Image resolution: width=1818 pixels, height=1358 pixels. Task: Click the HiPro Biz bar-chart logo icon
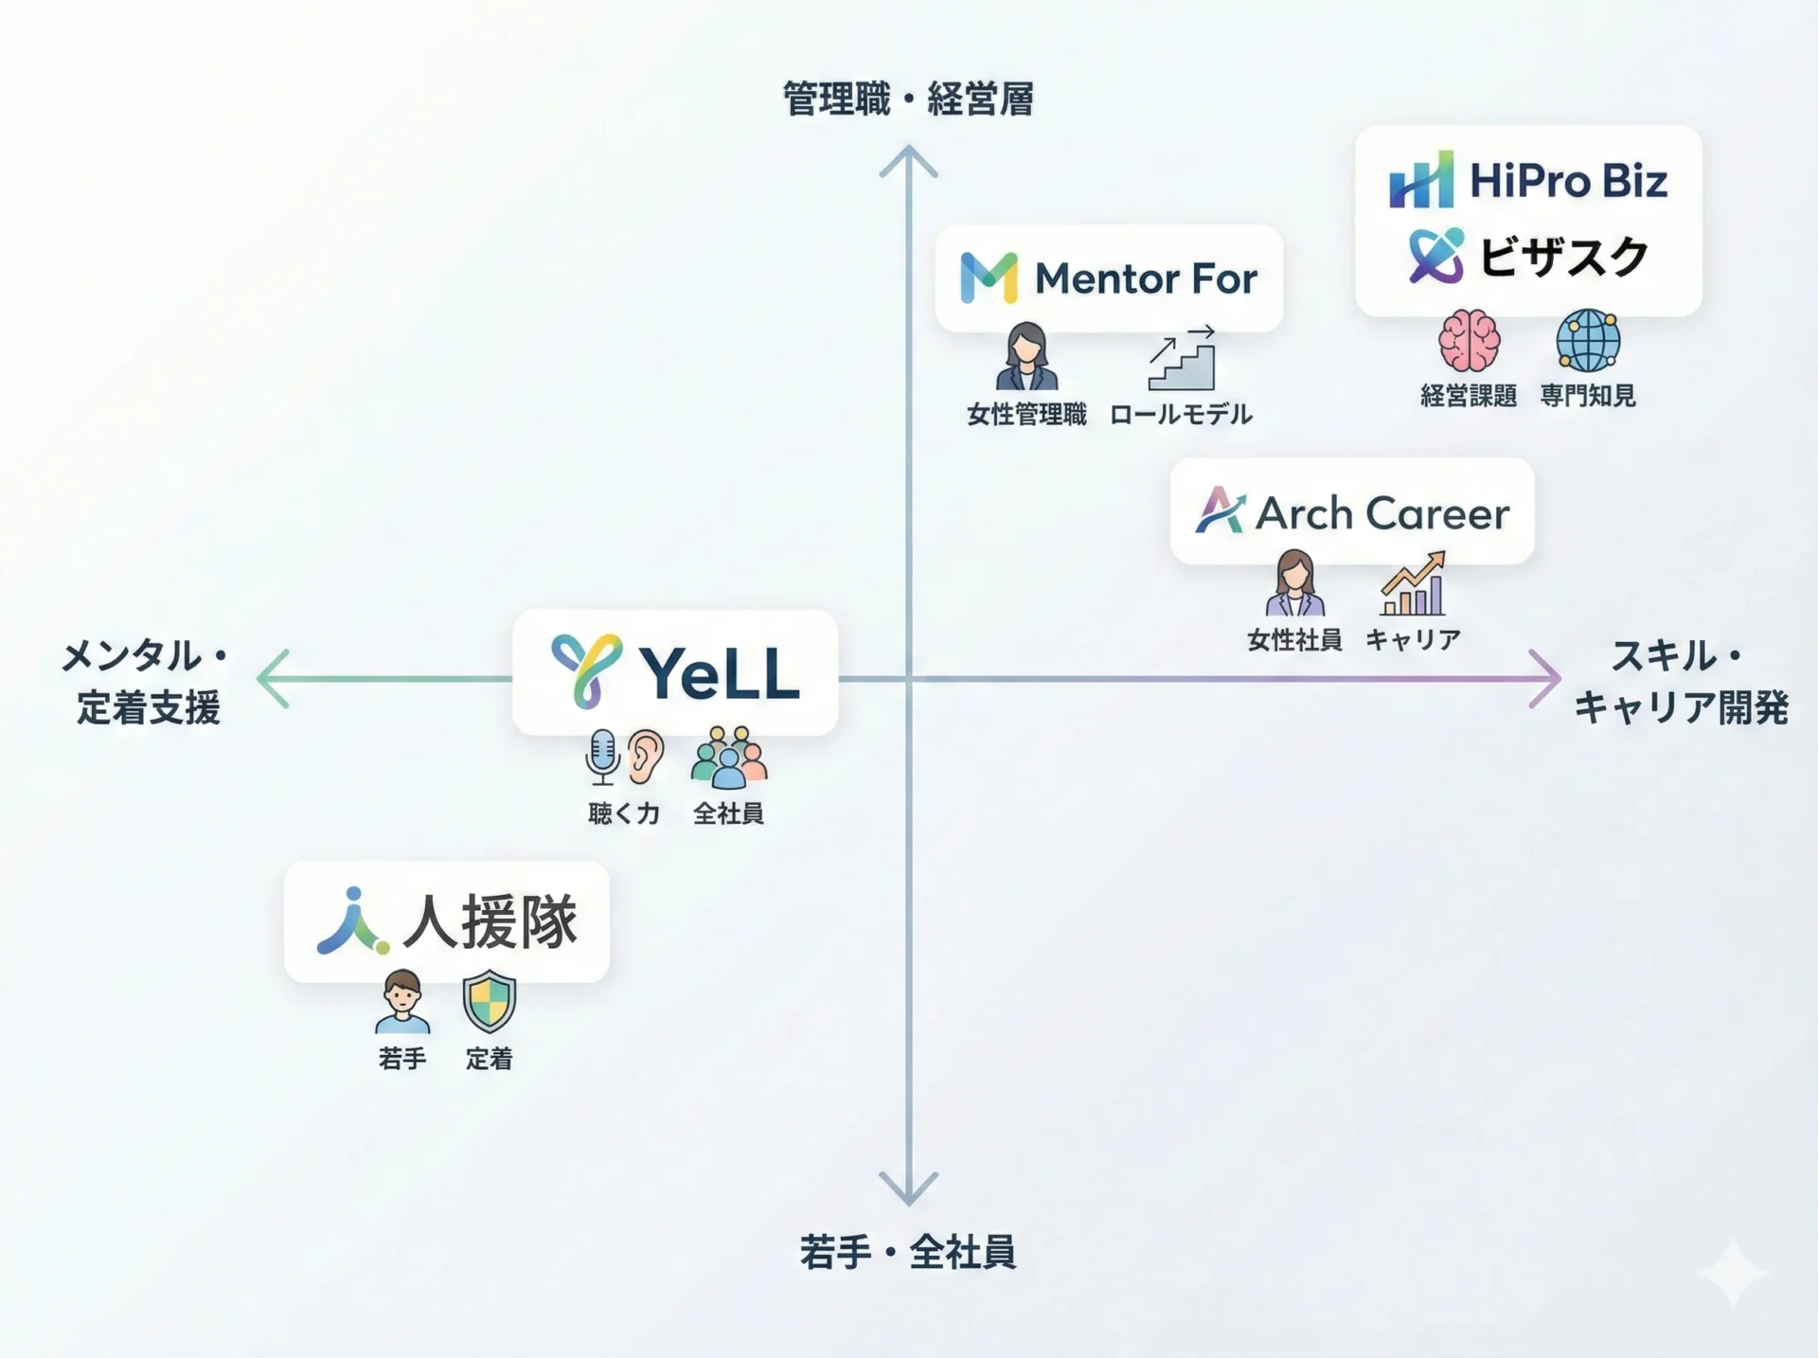pyautogui.click(x=1420, y=180)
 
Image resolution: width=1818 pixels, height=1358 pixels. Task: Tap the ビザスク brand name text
pyautogui.click(x=1563, y=257)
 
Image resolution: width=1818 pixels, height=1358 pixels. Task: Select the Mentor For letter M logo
pyautogui.click(x=989, y=277)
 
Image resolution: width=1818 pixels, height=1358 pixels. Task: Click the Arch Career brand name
pyautogui.click(x=1381, y=513)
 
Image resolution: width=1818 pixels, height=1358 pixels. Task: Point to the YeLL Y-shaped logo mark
pyautogui.click(x=586, y=671)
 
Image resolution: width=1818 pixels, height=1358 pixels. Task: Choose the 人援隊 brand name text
pyautogui.click(x=490, y=921)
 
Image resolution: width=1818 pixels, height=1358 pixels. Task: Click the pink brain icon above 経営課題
pyautogui.click(x=1469, y=341)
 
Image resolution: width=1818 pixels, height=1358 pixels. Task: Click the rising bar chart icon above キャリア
pyautogui.click(x=1414, y=584)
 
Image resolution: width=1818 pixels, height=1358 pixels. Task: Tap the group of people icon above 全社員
pyautogui.click(x=728, y=758)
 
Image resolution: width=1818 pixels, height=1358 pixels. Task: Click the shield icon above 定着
pyautogui.click(x=489, y=1001)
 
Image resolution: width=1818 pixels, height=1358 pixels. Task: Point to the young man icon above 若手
pyautogui.click(x=402, y=1002)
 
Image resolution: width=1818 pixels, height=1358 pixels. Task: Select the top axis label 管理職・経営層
pyautogui.click(x=907, y=99)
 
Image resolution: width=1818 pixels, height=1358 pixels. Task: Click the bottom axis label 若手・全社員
pyautogui.click(x=907, y=1252)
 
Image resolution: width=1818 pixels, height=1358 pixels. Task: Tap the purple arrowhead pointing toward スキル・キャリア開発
pyautogui.click(x=1545, y=678)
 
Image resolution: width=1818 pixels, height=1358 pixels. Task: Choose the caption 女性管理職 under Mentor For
pyautogui.click(x=1026, y=415)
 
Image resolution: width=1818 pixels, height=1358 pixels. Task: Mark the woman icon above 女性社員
pyautogui.click(x=1294, y=583)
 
